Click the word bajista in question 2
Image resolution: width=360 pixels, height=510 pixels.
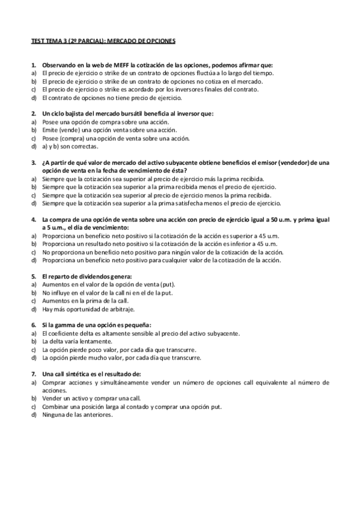coord(74,114)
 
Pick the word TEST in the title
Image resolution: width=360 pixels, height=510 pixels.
coord(37,41)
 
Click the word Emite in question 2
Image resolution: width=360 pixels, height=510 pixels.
coord(50,130)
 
